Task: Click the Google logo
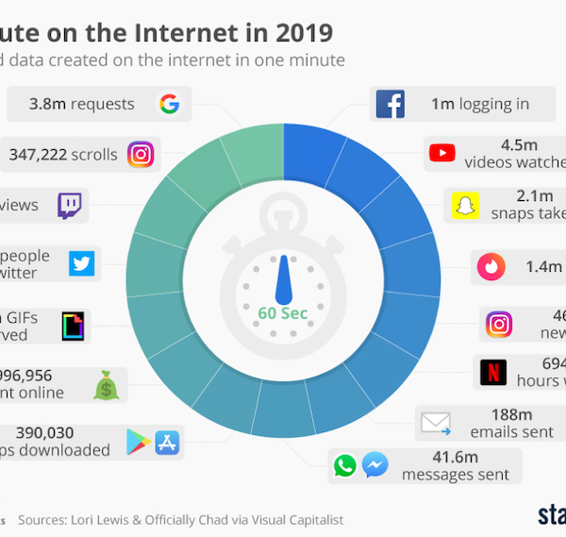click(169, 104)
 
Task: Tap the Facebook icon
click(390, 104)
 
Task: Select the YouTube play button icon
click(441, 153)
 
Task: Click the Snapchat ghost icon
click(463, 204)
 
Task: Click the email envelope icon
click(436, 422)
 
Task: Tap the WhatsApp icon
click(345, 465)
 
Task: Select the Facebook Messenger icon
click(375, 465)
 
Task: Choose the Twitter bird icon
click(82, 264)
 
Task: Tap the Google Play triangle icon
click(139, 441)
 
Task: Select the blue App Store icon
click(167, 441)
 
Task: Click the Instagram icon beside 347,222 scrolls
click(141, 154)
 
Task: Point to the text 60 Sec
click(283, 312)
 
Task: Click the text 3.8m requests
click(82, 105)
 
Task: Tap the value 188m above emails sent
click(512, 413)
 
